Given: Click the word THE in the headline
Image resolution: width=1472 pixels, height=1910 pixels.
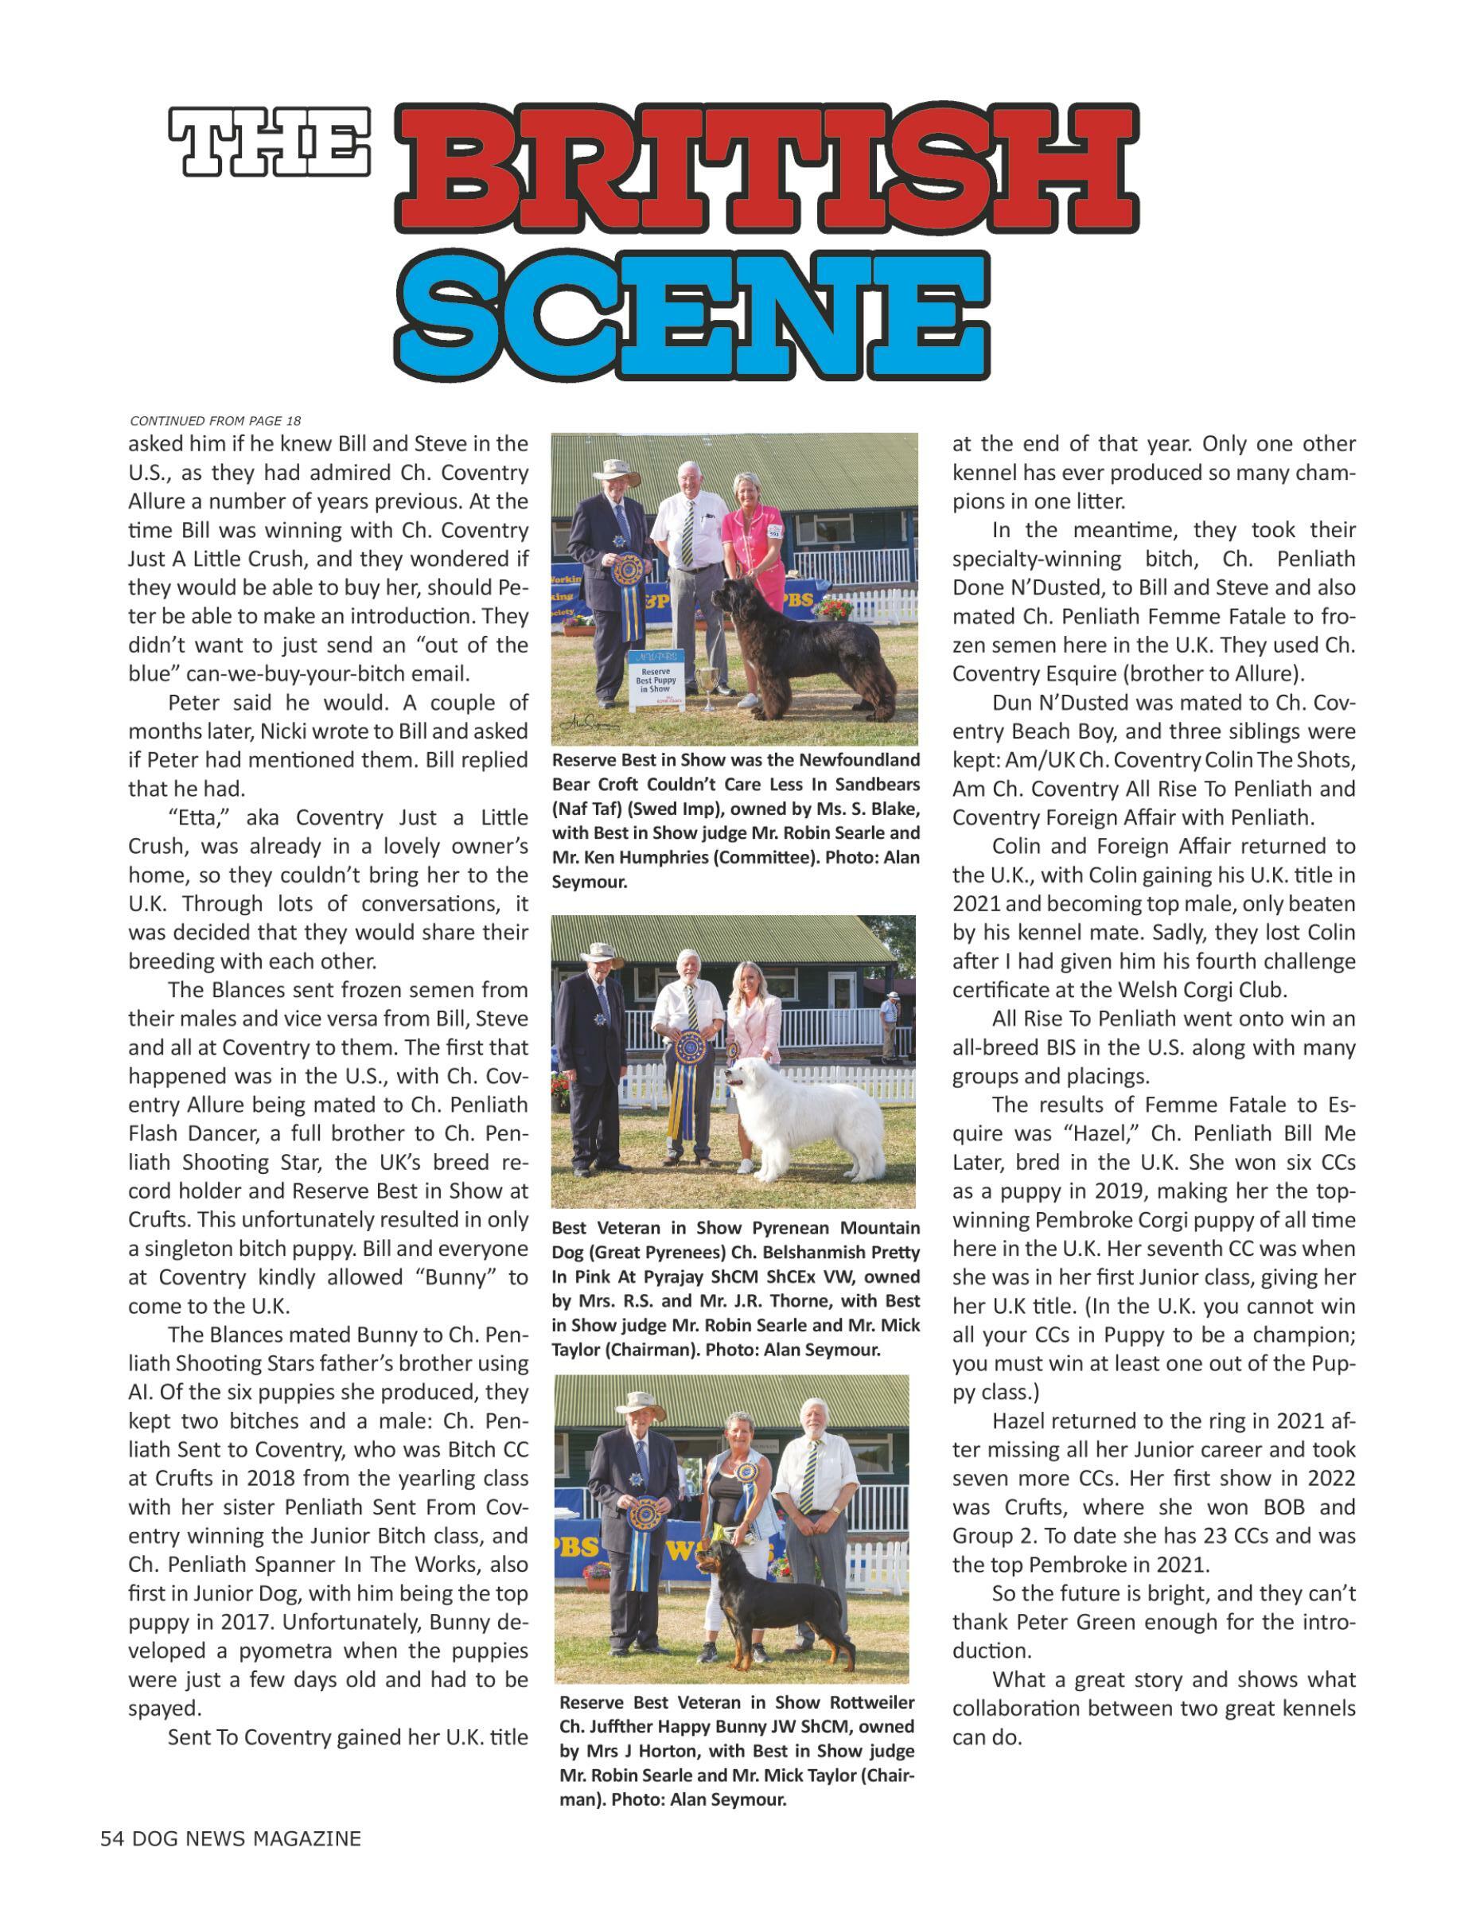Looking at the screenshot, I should pos(270,141).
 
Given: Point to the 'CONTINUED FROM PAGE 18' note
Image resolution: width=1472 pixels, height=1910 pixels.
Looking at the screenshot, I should pos(215,421).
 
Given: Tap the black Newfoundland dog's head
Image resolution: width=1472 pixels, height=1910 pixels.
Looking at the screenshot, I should pos(733,598).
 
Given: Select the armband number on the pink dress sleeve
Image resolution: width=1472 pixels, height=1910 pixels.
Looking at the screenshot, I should pos(773,531).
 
